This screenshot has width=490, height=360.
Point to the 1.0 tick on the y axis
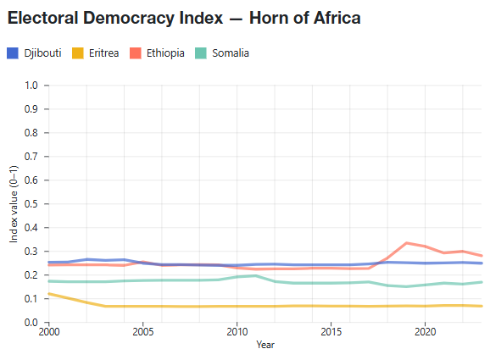click(31, 86)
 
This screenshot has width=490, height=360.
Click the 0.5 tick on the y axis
click(31, 204)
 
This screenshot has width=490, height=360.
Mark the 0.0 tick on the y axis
click(31, 323)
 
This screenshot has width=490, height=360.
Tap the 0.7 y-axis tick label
click(31, 157)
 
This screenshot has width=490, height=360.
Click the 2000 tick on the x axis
click(48, 334)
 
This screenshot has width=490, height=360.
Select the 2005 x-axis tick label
click(142, 334)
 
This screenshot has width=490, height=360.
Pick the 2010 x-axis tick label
click(237, 334)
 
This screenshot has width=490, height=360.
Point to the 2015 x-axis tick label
click(331, 334)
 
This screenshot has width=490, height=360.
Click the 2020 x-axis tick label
click(426, 334)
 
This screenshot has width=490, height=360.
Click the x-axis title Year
click(265, 346)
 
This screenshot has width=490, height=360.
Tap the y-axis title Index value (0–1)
click(13, 204)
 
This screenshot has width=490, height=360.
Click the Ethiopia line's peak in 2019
click(407, 243)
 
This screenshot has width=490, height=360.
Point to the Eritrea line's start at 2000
click(49, 294)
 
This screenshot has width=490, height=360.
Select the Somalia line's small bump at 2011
click(256, 275)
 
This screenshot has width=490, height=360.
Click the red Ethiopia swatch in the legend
click(135, 53)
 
